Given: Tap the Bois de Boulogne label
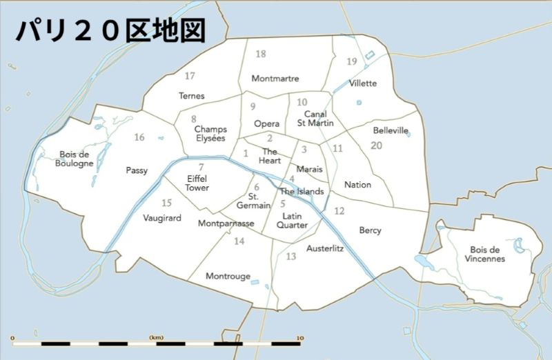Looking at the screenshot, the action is pyautogui.click(x=76, y=159).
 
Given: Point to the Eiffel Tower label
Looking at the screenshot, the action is pyautogui.click(x=197, y=183).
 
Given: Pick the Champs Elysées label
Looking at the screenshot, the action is pyautogui.click(x=210, y=133).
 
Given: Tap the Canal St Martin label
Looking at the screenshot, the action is pyautogui.click(x=315, y=118).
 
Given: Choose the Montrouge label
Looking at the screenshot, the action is pyautogui.click(x=228, y=276).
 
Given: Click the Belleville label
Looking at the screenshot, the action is pyautogui.click(x=391, y=130).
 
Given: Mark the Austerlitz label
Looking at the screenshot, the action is pyautogui.click(x=325, y=248).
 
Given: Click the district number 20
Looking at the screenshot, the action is pyautogui.click(x=376, y=145).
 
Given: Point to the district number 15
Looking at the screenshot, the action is pyautogui.click(x=166, y=203).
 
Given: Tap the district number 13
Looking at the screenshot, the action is pyautogui.click(x=290, y=257).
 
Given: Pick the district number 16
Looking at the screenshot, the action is pyautogui.click(x=139, y=137).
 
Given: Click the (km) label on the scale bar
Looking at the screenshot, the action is pyautogui.click(x=156, y=337).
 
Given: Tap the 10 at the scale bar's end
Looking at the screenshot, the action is pyautogui.click(x=299, y=337).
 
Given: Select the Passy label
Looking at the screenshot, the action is pyautogui.click(x=137, y=170).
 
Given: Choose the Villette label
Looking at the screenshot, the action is pyautogui.click(x=363, y=83).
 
